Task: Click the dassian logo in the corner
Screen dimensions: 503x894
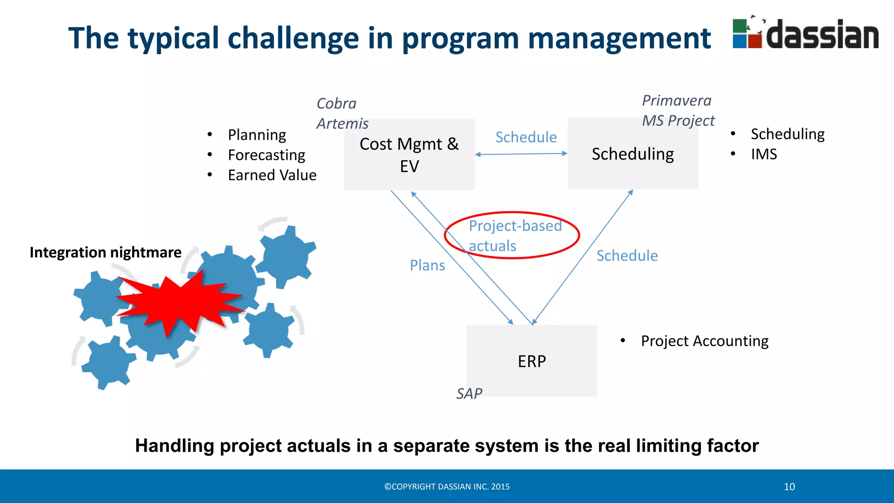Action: pos(805,34)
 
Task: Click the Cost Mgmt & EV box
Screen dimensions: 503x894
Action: pos(409,155)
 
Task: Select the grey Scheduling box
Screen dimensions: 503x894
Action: pos(633,154)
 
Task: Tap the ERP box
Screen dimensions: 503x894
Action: pos(531,361)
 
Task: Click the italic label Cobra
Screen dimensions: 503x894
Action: pos(336,104)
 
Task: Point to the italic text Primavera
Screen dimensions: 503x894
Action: pos(676,101)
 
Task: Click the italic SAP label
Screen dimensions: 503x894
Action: pos(469,394)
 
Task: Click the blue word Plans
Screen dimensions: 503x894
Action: pos(427,265)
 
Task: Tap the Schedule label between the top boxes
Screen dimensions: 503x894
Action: pos(526,137)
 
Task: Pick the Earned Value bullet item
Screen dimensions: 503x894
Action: pos(272,175)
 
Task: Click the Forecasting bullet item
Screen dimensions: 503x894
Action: pos(266,155)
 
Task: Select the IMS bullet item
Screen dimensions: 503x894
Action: pos(763,154)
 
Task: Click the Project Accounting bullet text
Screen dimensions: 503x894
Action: pos(704,341)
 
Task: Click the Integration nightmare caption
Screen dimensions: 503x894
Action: pos(105,252)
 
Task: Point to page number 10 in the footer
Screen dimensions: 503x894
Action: pos(789,486)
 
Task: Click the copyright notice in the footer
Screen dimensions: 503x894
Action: pos(447,486)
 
